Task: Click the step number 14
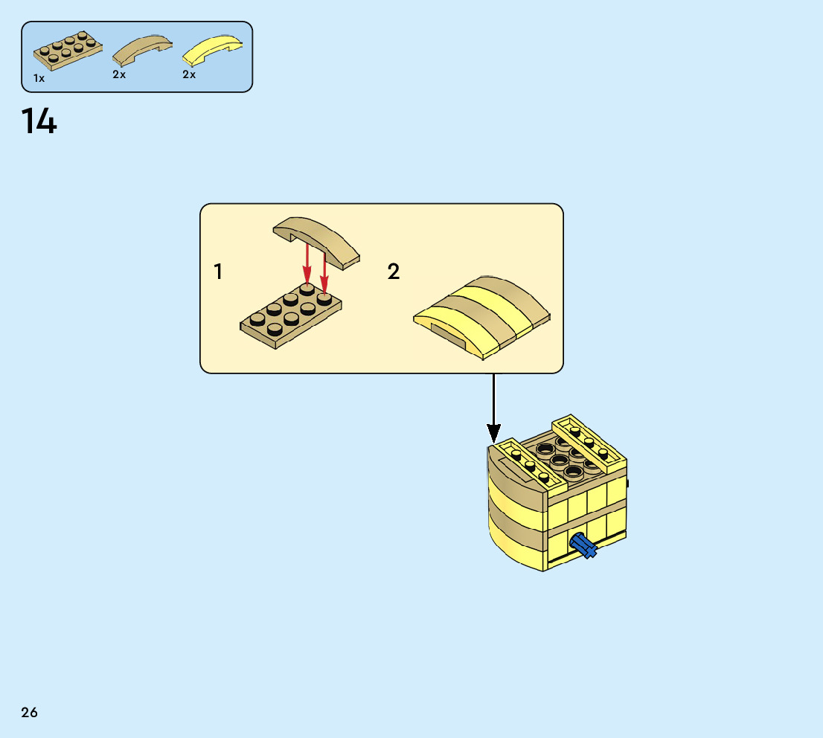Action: [x=39, y=122]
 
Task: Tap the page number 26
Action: [x=30, y=713]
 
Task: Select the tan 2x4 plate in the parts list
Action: [x=67, y=50]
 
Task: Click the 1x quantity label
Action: [x=39, y=78]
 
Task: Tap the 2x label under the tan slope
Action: [x=119, y=74]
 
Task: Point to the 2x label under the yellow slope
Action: [x=189, y=74]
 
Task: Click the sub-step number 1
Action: [x=218, y=272]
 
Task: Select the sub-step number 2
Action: [x=394, y=272]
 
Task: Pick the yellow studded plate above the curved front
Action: [x=525, y=461]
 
